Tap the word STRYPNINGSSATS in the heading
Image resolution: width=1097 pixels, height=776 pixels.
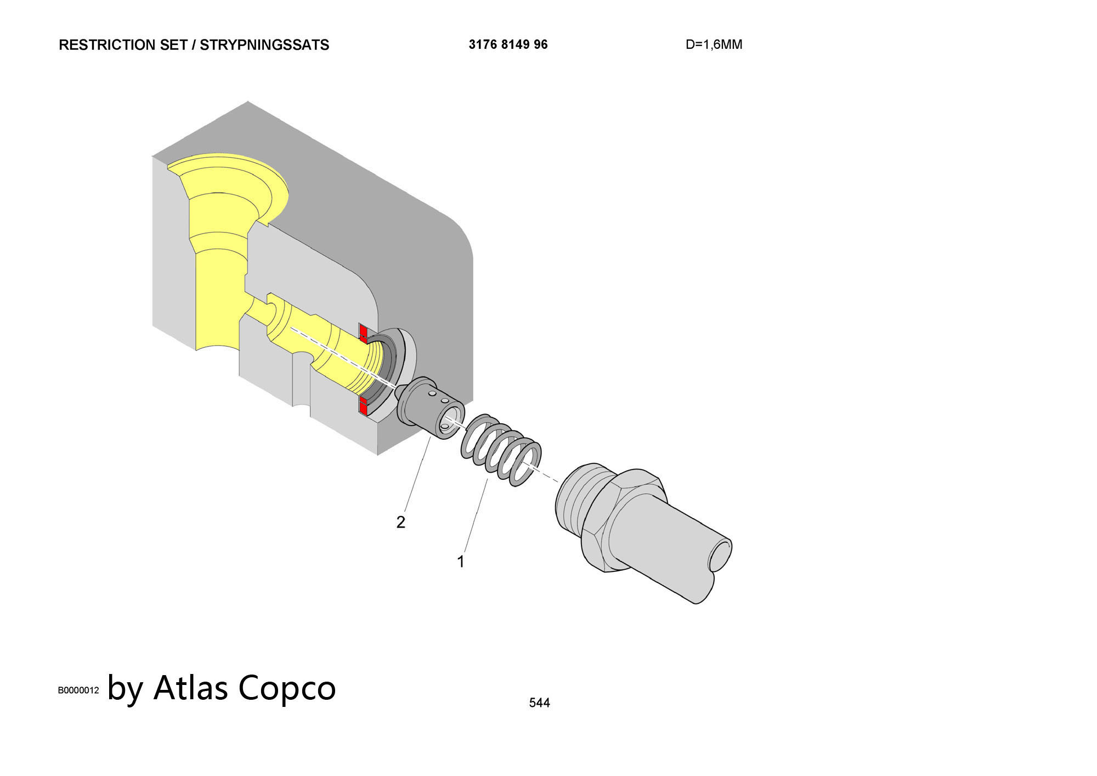click(264, 45)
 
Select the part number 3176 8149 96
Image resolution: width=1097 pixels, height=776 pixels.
click(508, 44)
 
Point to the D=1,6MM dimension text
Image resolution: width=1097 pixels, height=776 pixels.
click(714, 45)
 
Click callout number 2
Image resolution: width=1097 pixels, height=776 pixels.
click(401, 522)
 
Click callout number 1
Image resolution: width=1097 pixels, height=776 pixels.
click(461, 562)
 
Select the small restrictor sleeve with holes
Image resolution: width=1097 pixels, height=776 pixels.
click(430, 406)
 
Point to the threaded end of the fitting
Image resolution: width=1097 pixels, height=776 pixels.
click(581, 499)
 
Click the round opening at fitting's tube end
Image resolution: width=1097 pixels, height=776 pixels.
click(720, 556)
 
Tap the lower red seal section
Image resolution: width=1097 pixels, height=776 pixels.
click(363, 406)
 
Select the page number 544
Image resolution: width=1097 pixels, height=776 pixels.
click(539, 703)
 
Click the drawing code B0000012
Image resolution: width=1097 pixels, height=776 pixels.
click(78, 690)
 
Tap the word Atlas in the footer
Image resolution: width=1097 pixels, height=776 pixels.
click(190, 687)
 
